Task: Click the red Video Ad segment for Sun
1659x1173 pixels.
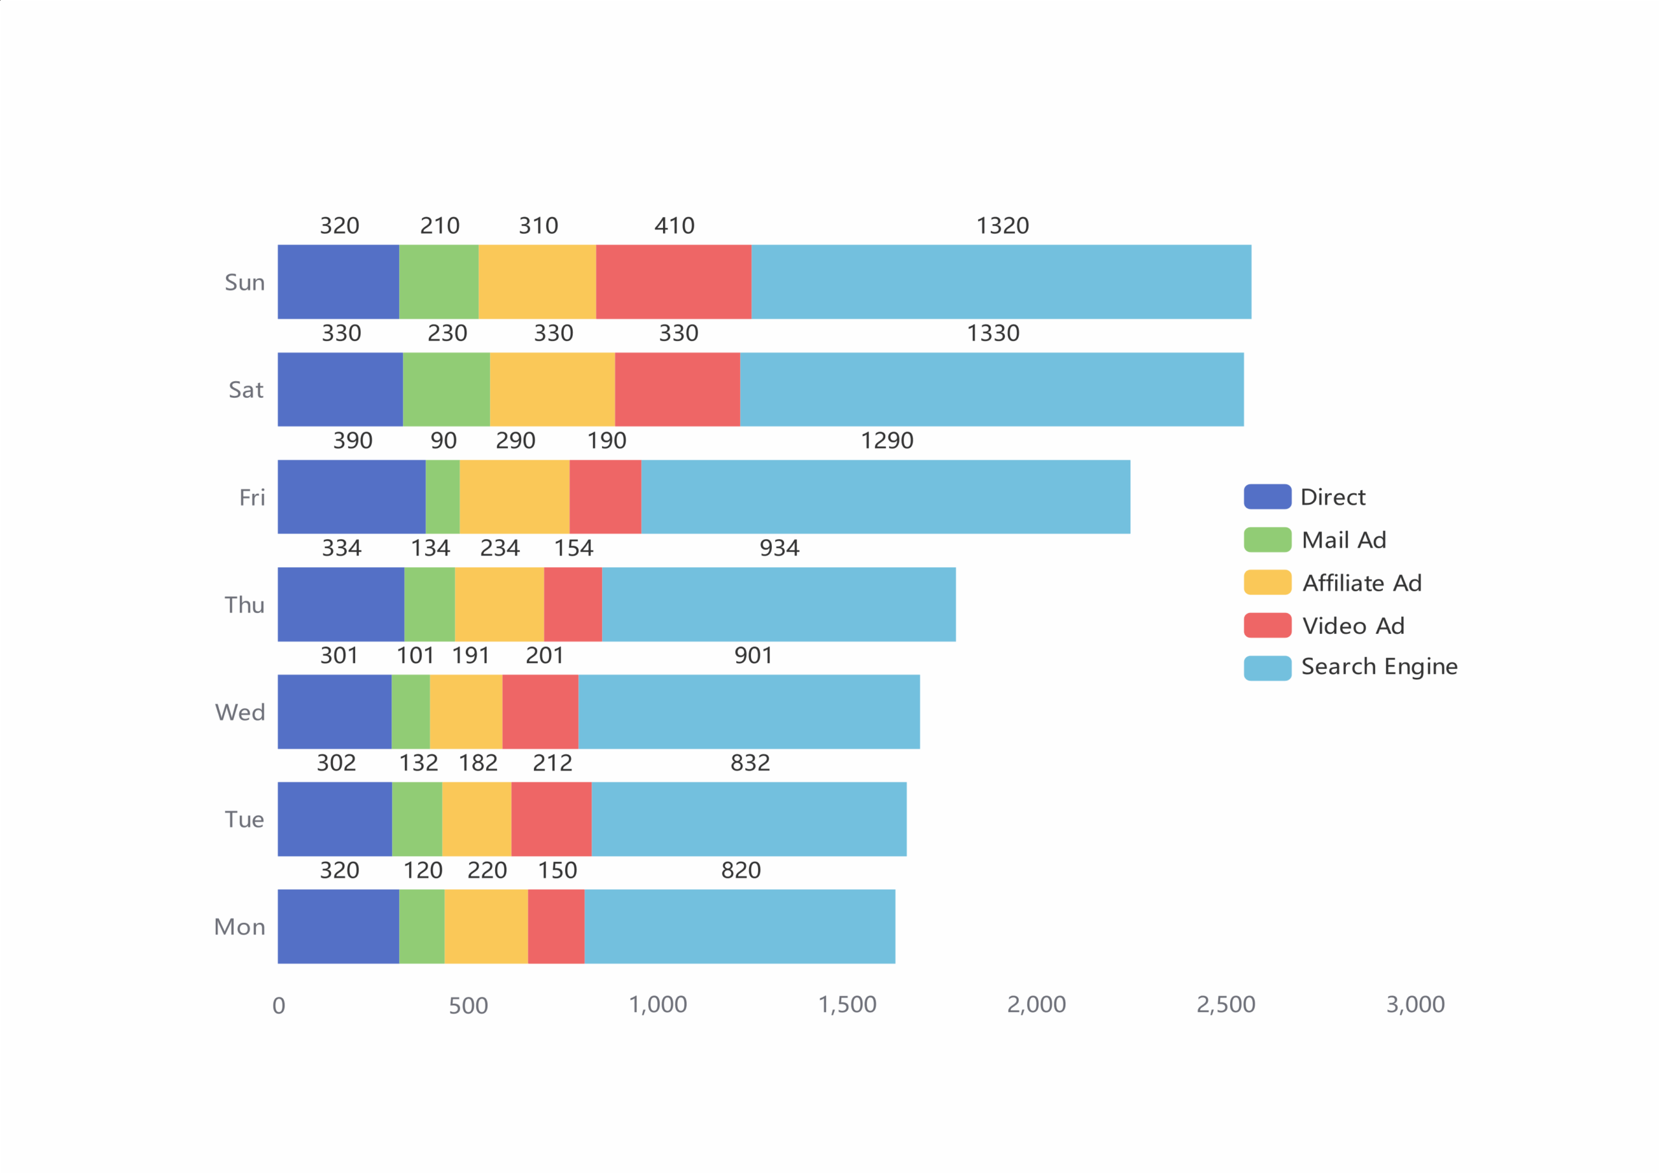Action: (x=673, y=282)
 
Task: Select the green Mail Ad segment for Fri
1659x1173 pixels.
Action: (x=442, y=497)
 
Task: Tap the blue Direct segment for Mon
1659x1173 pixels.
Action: (x=338, y=927)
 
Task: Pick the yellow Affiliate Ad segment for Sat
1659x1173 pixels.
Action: (x=552, y=389)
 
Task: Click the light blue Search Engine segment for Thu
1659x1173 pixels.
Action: (x=778, y=604)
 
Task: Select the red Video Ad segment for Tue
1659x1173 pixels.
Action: (x=551, y=819)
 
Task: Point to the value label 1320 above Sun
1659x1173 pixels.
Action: (x=1002, y=226)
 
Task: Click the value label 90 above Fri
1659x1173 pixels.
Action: (x=443, y=441)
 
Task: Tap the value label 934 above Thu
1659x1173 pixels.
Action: (x=779, y=548)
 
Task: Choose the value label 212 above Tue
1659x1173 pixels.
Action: (x=552, y=763)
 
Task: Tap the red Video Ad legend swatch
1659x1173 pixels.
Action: (x=1268, y=625)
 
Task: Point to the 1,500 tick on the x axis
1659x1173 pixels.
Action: (x=847, y=1005)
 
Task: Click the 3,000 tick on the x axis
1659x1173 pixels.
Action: (x=1415, y=1005)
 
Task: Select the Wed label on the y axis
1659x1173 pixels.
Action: (x=240, y=713)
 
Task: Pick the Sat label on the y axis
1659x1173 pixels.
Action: (x=246, y=390)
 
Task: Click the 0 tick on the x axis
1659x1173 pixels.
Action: (x=279, y=1006)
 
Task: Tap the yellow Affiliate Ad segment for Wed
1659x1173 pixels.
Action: (x=466, y=712)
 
